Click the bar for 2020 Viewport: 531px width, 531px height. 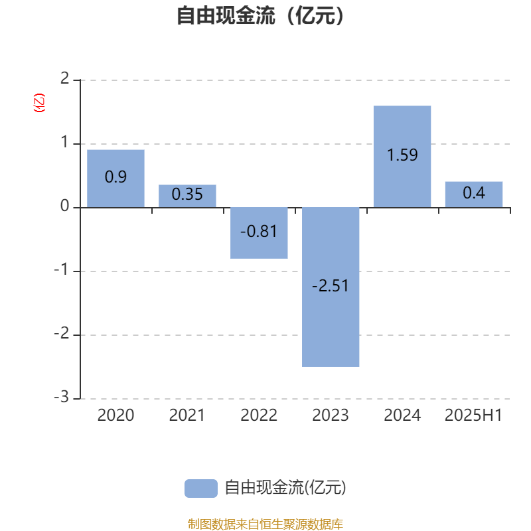(x=115, y=179)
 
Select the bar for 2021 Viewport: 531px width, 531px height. (x=187, y=196)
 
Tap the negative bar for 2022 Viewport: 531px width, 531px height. (x=259, y=233)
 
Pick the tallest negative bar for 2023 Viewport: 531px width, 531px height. (x=331, y=287)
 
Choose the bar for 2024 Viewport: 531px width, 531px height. (x=402, y=157)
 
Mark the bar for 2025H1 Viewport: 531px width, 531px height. (x=474, y=194)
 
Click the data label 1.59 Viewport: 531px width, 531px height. (x=402, y=155)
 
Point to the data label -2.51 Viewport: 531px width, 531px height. (x=330, y=286)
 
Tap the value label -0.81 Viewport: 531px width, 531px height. (x=259, y=232)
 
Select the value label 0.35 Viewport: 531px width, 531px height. (x=187, y=194)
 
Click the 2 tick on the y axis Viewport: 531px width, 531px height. (x=64, y=78)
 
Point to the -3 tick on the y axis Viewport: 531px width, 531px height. (x=62, y=397)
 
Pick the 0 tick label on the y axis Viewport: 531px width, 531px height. (x=64, y=206)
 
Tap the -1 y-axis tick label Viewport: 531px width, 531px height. (x=62, y=269)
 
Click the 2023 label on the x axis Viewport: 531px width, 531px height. (x=330, y=416)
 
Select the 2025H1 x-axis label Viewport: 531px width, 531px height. (x=473, y=416)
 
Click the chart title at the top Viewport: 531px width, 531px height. (x=260, y=15)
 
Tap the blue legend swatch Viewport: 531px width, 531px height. (x=201, y=489)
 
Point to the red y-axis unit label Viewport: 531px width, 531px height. (x=39, y=103)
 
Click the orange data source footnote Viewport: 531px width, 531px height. (x=265, y=524)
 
